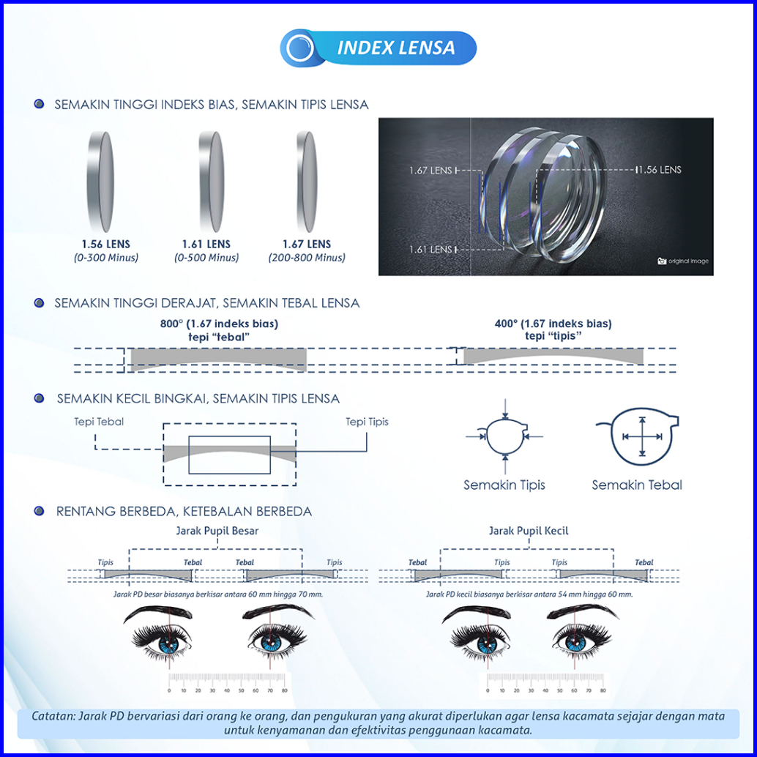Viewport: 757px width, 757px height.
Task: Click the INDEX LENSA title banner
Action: pyautogui.click(x=378, y=48)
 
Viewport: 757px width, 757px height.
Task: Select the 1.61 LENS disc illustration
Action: pyautogui.click(x=212, y=182)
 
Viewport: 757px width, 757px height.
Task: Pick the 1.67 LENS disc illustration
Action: pyautogui.click(x=306, y=182)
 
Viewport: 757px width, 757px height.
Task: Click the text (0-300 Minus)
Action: pyautogui.click(x=105, y=258)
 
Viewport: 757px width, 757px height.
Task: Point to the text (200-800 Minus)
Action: pyautogui.click(x=307, y=258)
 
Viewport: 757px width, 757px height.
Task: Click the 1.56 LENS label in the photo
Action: pyautogui.click(x=659, y=170)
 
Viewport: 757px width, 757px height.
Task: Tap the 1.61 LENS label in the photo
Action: pyautogui.click(x=430, y=250)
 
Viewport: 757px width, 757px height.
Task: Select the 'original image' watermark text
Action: pyautogui.click(x=688, y=261)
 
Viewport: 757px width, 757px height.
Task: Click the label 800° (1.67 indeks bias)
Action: pyautogui.click(x=219, y=324)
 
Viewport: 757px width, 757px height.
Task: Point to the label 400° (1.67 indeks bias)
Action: pyautogui.click(x=553, y=324)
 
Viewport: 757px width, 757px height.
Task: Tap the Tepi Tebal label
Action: pyautogui.click(x=99, y=422)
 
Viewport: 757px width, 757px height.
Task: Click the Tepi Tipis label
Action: pyautogui.click(x=368, y=422)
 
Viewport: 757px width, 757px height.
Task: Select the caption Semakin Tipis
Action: pyautogui.click(x=504, y=485)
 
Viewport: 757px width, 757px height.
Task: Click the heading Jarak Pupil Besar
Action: pyautogui.click(x=216, y=531)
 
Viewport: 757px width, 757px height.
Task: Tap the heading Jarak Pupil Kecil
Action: pyautogui.click(x=529, y=531)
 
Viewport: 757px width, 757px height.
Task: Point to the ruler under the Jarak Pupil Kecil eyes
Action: pyautogui.click(x=545, y=684)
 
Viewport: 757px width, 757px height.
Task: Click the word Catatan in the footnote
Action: pyautogui.click(x=53, y=716)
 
